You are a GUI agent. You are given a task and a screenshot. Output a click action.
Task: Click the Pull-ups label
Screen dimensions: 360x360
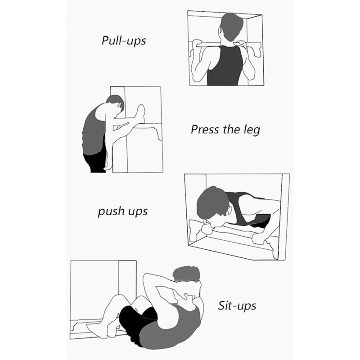[124, 41]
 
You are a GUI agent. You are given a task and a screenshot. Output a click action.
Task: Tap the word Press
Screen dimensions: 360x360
[205, 129]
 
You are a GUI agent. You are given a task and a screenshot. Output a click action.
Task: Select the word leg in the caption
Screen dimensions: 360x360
[252, 130]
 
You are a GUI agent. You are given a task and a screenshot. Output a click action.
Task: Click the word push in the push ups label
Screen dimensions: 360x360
[111, 211]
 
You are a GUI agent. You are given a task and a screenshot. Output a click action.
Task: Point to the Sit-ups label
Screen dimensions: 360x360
[237, 306]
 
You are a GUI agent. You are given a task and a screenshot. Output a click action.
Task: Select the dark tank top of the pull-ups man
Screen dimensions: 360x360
[225, 66]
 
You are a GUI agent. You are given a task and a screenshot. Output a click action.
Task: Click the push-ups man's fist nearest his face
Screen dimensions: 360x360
[207, 229]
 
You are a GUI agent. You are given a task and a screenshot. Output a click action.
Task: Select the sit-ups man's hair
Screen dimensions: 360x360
[186, 274]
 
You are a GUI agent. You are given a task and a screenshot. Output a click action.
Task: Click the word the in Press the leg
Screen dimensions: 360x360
[231, 129]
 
